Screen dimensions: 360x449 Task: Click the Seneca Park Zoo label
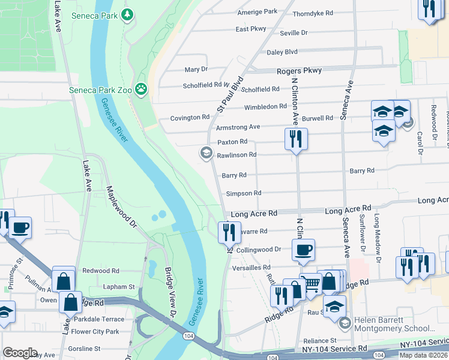tap(98, 90)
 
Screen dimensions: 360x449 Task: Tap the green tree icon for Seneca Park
tap(127, 14)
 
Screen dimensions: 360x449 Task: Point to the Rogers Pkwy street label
tap(299, 71)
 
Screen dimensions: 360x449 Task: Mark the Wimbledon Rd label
tap(265, 107)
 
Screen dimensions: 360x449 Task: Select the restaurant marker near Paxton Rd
tap(296, 139)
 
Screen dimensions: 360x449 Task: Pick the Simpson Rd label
tap(244, 193)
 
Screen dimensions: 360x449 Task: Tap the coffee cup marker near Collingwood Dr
tap(304, 250)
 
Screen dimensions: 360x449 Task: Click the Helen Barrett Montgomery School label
tap(394, 324)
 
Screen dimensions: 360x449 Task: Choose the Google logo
tap(20, 353)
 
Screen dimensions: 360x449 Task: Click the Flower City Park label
tap(95, 331)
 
